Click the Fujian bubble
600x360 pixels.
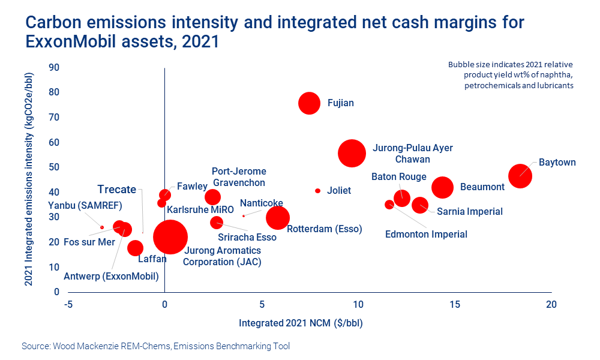click(x=310, y=103)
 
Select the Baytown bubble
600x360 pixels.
click(x=520, y=176)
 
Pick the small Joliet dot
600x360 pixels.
click(x=318, y=191)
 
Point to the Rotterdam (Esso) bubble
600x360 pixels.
click(x=278, y=218)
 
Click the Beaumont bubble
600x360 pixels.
click(x=442, y=187)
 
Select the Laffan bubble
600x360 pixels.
click(x=136, y=248)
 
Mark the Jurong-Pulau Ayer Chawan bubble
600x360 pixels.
click(x=352, y=153)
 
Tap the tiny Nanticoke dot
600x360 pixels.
click(x=243, y=215)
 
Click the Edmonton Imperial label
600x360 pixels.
click(x=426, y=234)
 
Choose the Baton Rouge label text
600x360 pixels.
click(x=399, y=176)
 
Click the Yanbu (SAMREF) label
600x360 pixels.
click(x=85, y=206)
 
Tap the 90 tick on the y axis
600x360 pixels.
click(x=54, y=67)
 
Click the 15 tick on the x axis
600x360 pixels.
click(x=454, y=304)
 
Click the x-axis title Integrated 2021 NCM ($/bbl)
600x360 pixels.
click(x=301, y=323)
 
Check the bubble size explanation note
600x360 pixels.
click(x=511, y=75)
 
